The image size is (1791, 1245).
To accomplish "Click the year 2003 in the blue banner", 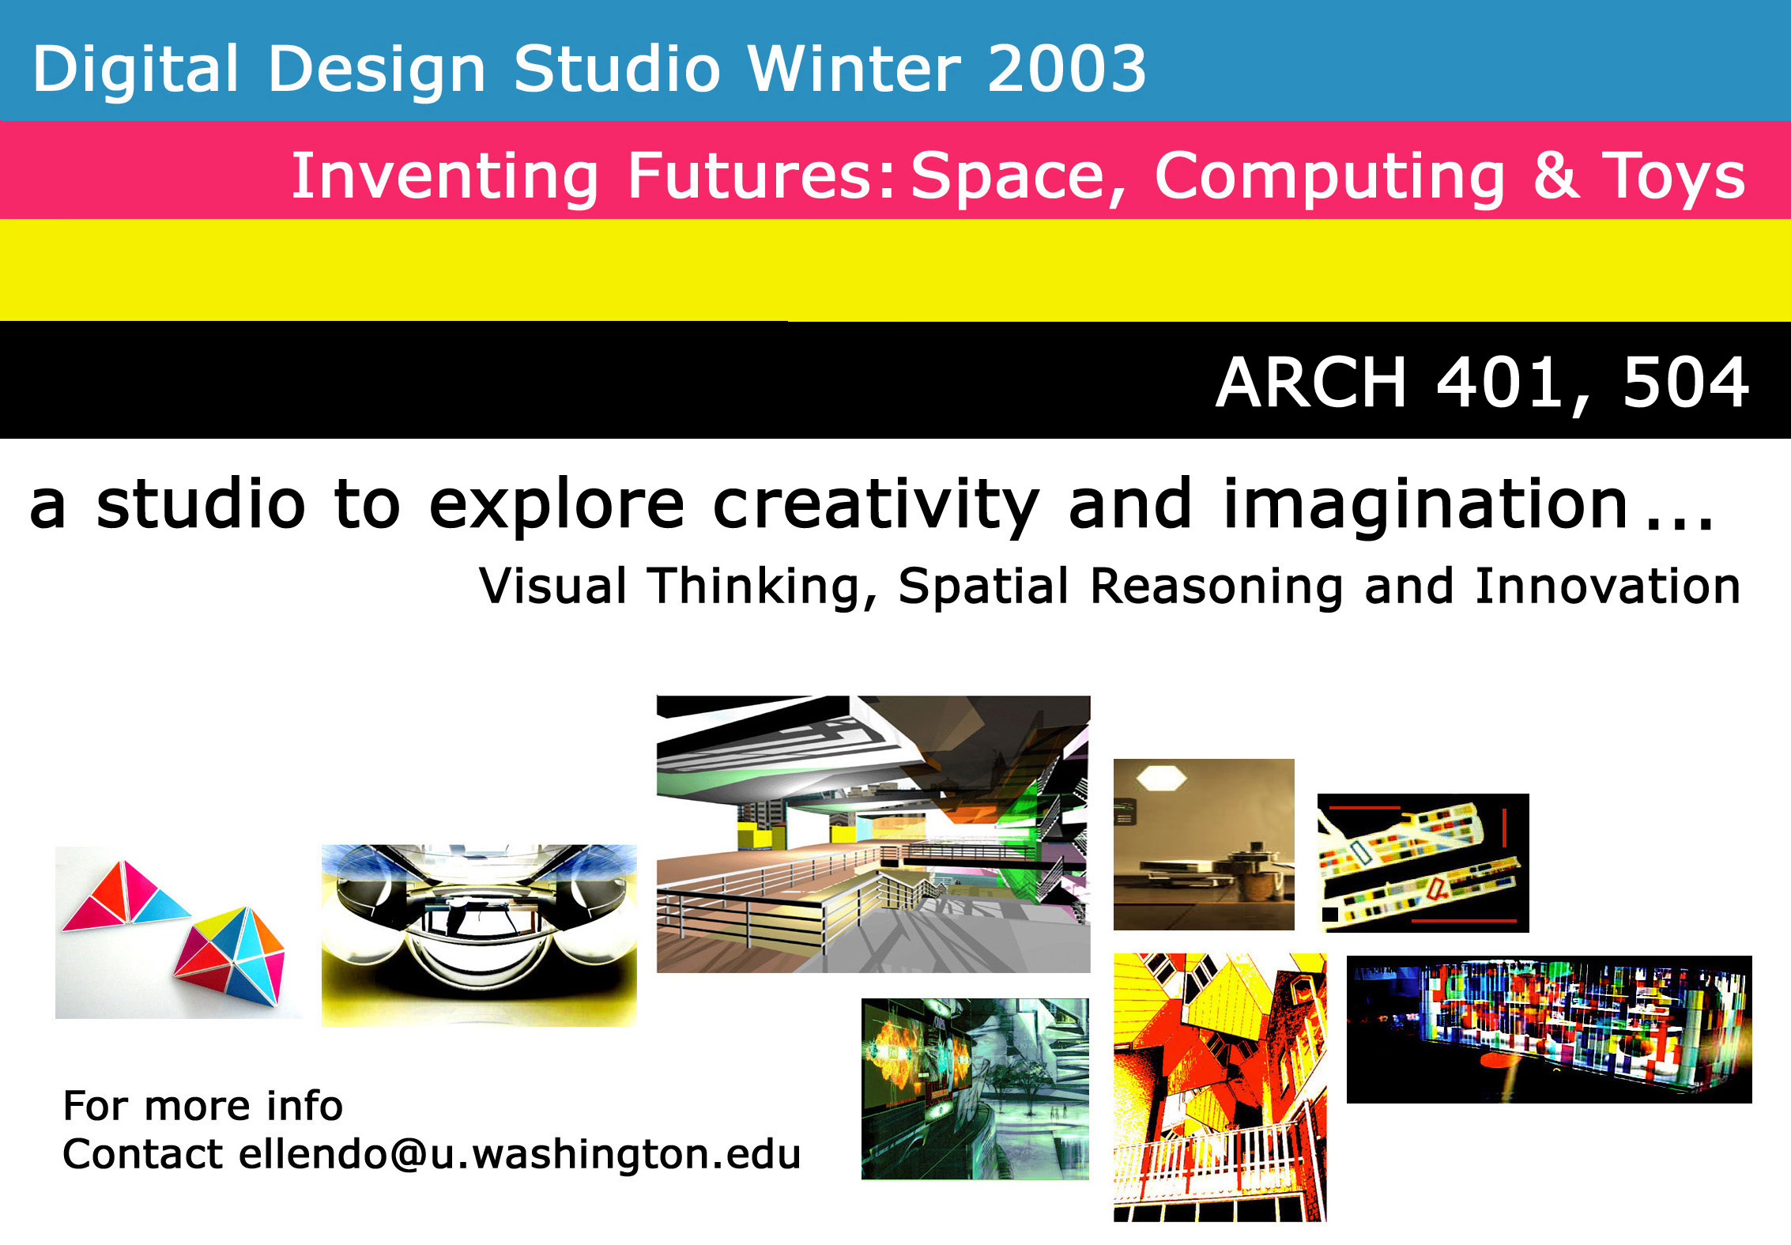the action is click(1066, 68).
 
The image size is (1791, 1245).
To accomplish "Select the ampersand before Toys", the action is click(1557, 175).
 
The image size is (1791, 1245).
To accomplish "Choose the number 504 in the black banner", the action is click(1686, 383).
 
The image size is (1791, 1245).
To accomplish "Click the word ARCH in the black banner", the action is click(1311, 383).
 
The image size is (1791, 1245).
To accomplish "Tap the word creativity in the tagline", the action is click(876, 507).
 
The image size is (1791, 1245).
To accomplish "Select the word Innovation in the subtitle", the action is click(1608, 586).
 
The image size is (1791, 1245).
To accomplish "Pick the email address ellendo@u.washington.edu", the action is click(520, 1154).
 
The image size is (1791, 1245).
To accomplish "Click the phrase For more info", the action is click(203, 1105).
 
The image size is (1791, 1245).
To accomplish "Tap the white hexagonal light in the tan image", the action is click(1161, 778).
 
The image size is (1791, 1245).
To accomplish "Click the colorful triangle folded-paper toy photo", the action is click(178, 933).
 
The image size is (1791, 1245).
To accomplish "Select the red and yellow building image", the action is click(1220, 1087).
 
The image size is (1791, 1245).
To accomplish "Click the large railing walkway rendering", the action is click(873, 834).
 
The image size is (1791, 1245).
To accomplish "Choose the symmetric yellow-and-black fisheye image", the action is click(479, 935).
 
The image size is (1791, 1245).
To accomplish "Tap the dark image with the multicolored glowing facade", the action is click(1549, 1029).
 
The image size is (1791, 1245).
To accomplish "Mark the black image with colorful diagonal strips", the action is click(1423, 862).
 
